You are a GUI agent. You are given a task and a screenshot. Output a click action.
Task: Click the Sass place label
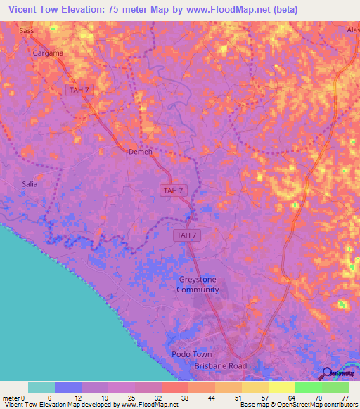[27, 31]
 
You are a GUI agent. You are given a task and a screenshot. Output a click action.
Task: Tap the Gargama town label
[48, 53]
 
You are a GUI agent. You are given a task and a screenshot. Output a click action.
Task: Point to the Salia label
[30, 184]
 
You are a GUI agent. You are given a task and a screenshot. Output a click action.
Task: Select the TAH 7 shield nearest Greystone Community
[187, 235]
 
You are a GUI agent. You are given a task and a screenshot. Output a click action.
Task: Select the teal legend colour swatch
[41, 387]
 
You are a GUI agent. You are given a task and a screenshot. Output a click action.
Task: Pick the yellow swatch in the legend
[282, 387]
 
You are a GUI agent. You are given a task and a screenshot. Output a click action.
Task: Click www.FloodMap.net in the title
[236, 10]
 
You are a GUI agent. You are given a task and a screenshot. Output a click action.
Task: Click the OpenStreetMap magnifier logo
[328, 373]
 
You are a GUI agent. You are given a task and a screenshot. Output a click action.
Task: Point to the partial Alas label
[352, 31]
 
